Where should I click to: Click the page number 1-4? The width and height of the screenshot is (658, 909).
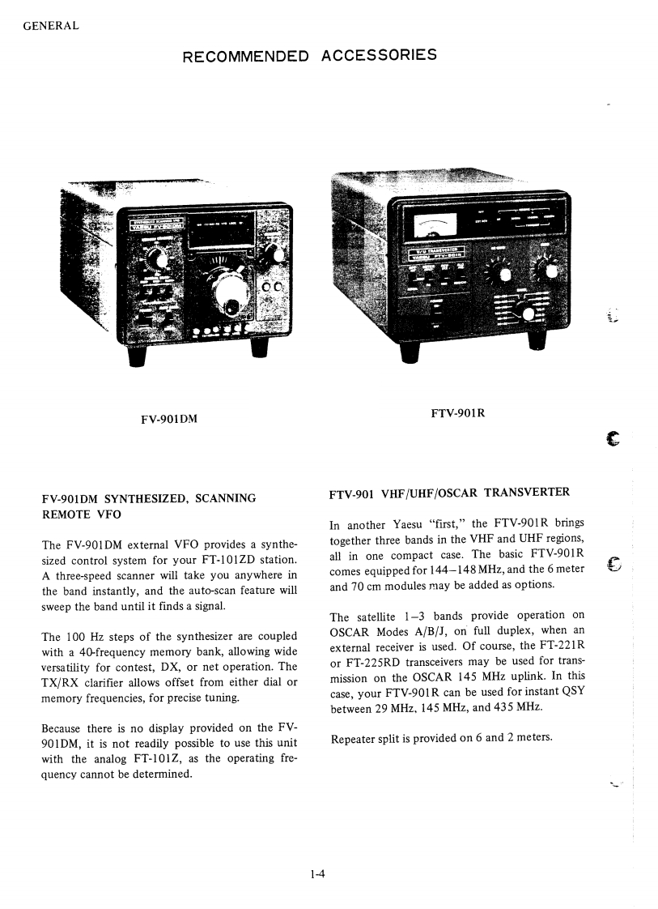click(x=316, y=873)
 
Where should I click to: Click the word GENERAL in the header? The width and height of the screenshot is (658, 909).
click(x=50, y=25)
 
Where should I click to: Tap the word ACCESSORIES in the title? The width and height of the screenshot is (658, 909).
click(x=380, y=55)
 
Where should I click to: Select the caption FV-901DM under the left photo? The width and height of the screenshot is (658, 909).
click(x=169, y=418)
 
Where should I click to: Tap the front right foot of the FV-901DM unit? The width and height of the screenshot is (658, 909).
click(x=260, y=347)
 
